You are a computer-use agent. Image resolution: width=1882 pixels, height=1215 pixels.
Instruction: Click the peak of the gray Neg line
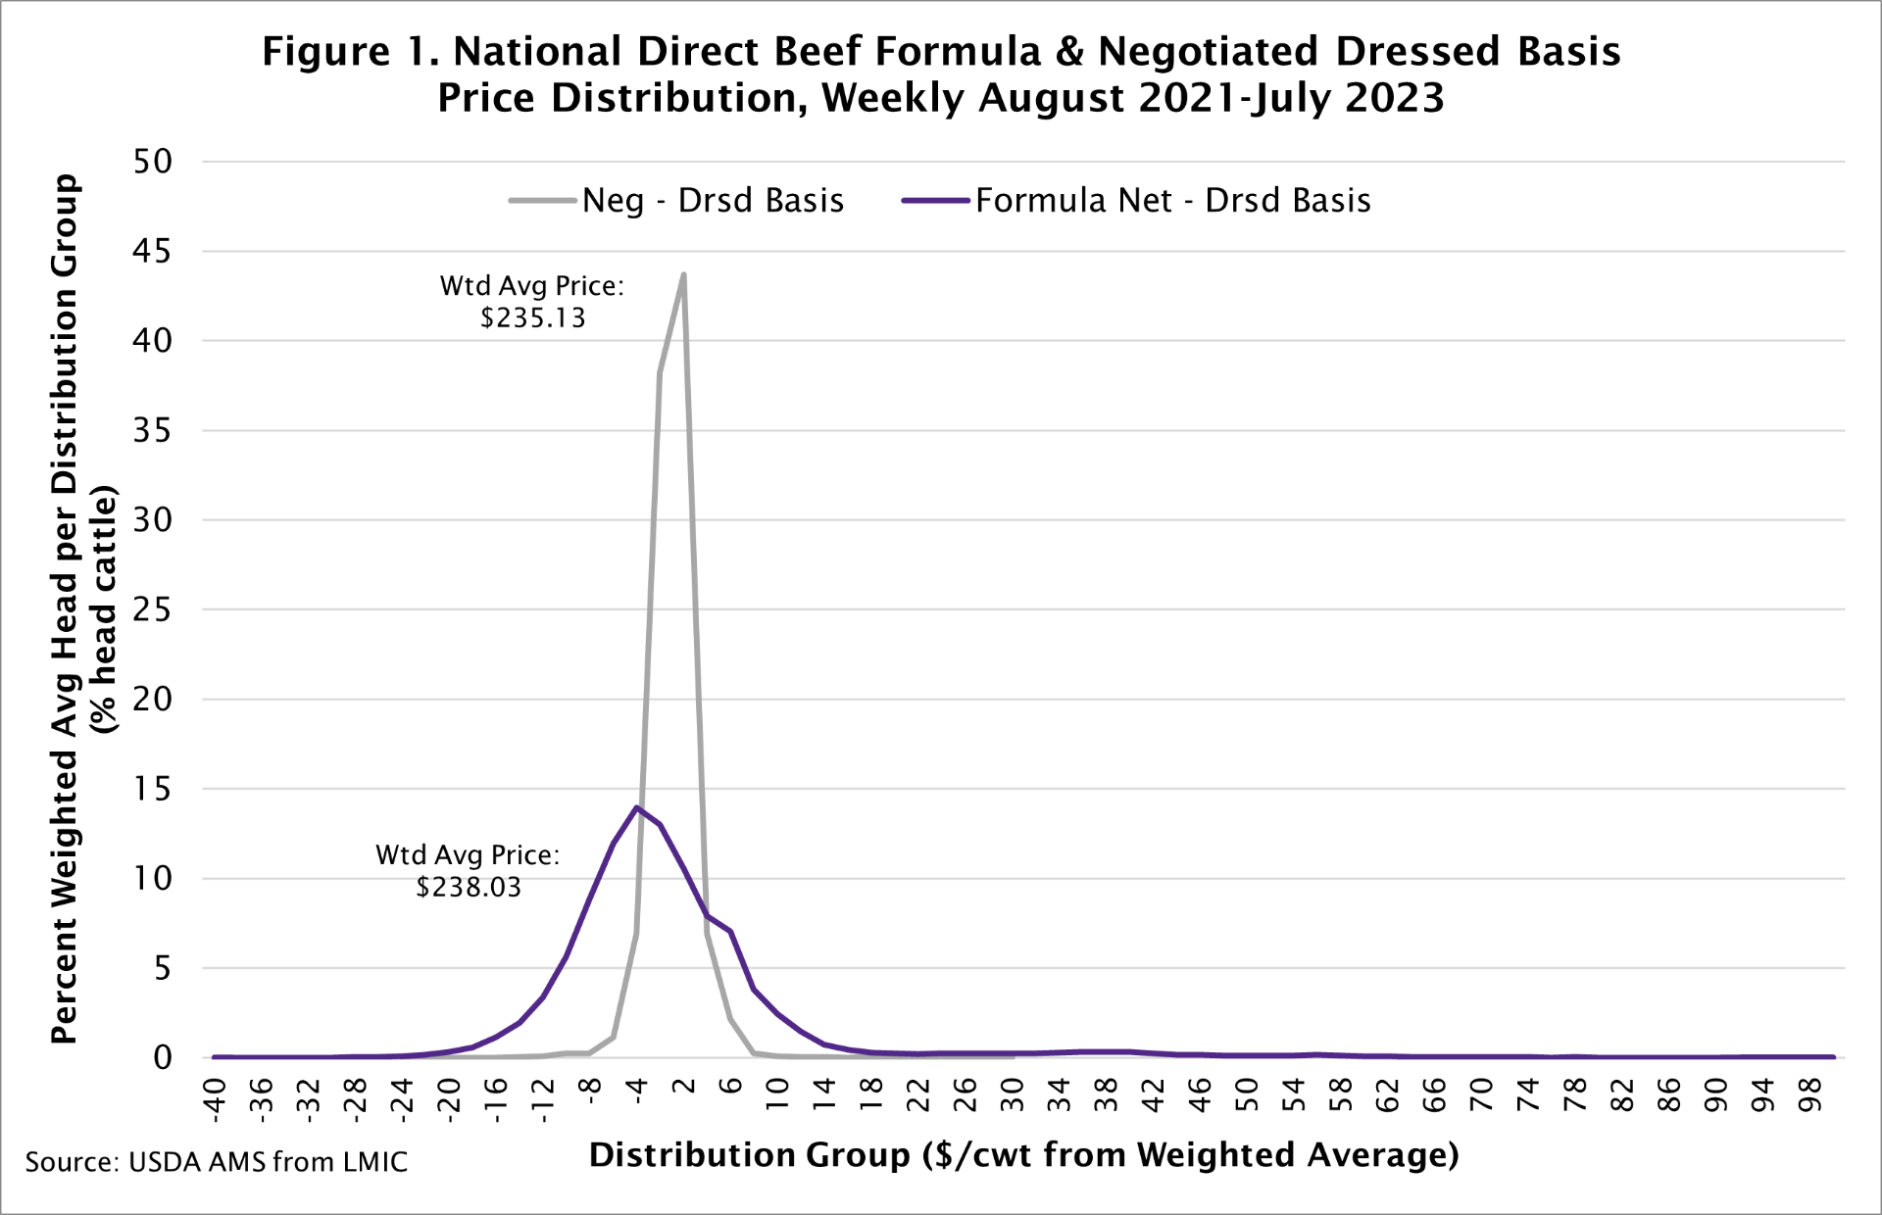(x=683, y=274)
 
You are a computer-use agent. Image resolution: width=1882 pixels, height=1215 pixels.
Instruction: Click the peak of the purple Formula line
(x=637, y=807)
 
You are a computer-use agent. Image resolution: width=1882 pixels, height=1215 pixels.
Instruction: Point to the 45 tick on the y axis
(x=153, y=252)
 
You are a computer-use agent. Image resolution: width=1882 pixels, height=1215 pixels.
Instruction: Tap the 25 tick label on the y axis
(x=153, y=609)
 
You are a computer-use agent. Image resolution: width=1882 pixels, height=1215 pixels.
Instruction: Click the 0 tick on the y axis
(x=163, y=1057)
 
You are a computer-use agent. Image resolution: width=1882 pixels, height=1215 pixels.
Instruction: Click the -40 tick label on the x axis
(x=215, y=1096)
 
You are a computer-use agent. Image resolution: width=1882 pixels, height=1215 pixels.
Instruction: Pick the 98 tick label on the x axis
(x=1811, y=1094)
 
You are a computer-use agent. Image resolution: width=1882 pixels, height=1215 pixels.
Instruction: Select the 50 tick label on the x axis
(x=1247, y=1094)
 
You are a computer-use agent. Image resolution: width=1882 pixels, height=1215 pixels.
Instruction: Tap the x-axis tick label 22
(x=918, y=1094)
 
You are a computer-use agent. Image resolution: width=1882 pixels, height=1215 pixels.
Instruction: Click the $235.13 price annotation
(x=533, y=318)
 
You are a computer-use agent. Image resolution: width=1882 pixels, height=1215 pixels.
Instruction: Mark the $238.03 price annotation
(x=469, y=888)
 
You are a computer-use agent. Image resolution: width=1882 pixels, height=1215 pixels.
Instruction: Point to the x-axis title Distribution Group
(x=750, y=1155)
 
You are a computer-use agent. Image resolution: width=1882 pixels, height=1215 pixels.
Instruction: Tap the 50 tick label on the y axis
(x=153, y=162)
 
